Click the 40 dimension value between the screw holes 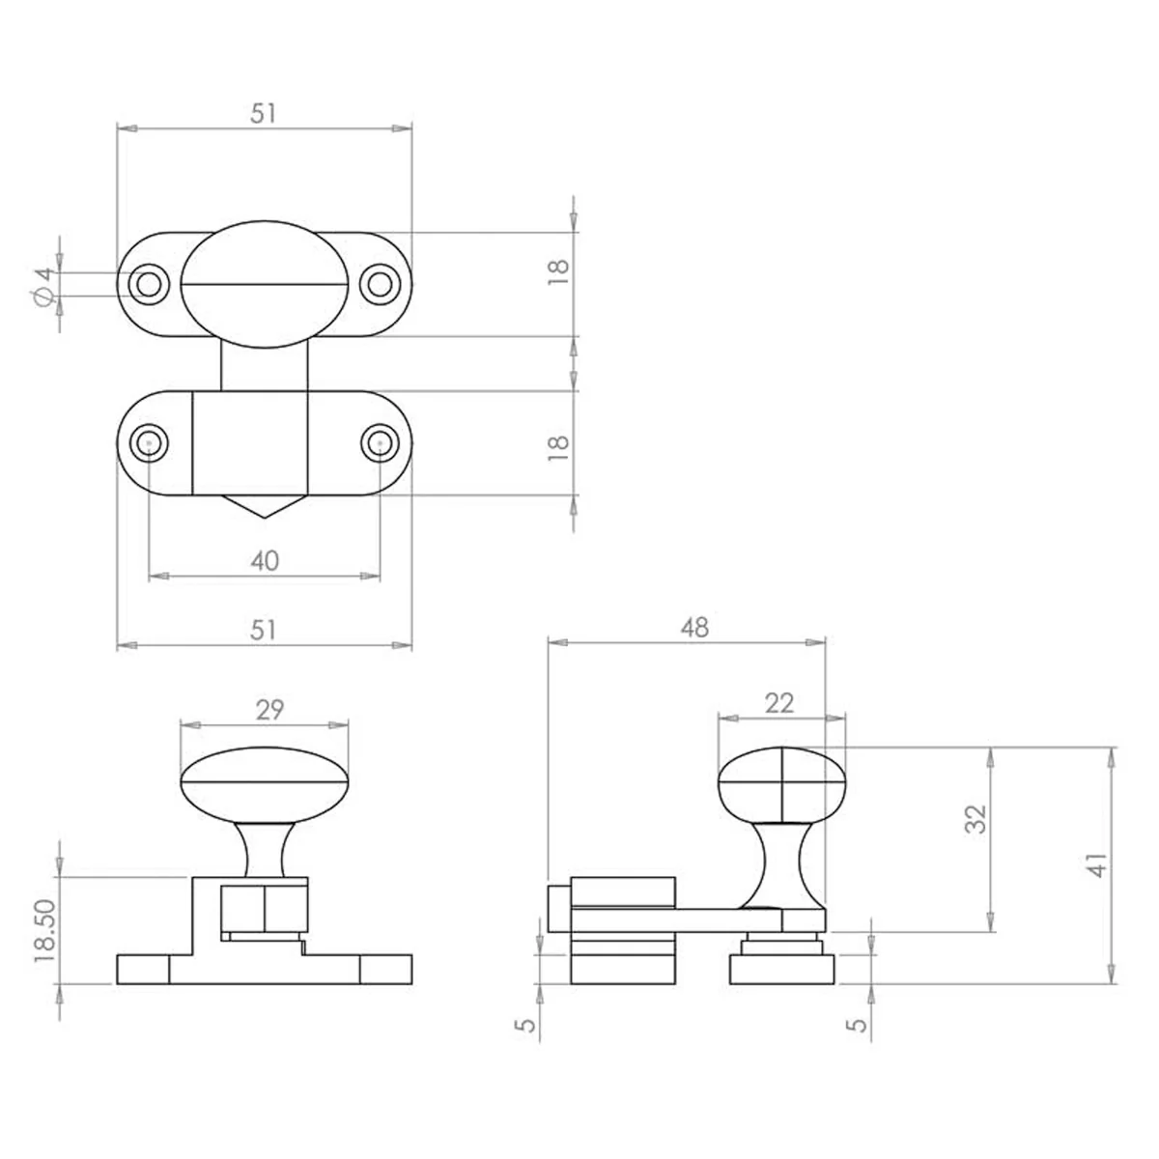point(265,561)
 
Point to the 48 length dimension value point(694,628)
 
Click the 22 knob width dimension point(778,703)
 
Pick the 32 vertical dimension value point(976,819)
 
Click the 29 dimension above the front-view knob point(269,710)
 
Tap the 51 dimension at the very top point(264,113)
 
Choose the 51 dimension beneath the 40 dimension point(264,631)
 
